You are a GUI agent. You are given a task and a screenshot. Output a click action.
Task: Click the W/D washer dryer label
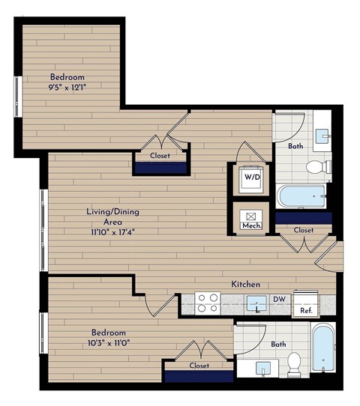250,178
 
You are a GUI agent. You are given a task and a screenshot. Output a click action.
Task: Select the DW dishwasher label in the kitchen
277,298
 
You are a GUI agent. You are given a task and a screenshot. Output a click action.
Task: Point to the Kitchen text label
245,285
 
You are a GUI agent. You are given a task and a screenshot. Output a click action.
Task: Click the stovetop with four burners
207,303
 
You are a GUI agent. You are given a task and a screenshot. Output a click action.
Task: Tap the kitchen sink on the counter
256,303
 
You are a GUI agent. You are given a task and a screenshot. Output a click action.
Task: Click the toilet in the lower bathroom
294,364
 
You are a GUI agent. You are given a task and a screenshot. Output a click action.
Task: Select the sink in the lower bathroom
264,369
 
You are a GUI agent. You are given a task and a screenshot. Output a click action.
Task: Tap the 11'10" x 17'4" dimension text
112,231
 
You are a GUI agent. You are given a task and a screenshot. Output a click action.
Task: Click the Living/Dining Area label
112,216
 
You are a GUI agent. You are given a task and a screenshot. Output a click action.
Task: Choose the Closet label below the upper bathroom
304,230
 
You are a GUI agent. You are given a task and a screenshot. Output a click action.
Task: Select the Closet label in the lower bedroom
199,366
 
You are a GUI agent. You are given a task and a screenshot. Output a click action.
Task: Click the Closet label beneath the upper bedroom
160,156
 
